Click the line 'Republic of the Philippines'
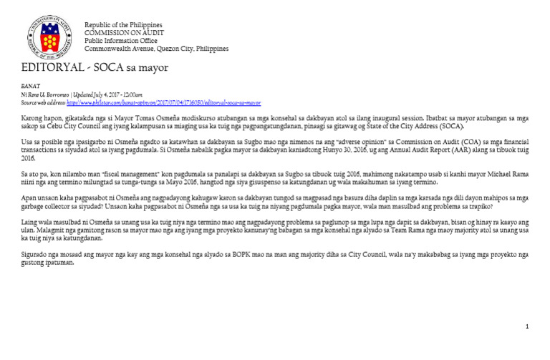pyautogui.click(x=123, y=25)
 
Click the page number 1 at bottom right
pyautogui.click(x=527, y=327)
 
